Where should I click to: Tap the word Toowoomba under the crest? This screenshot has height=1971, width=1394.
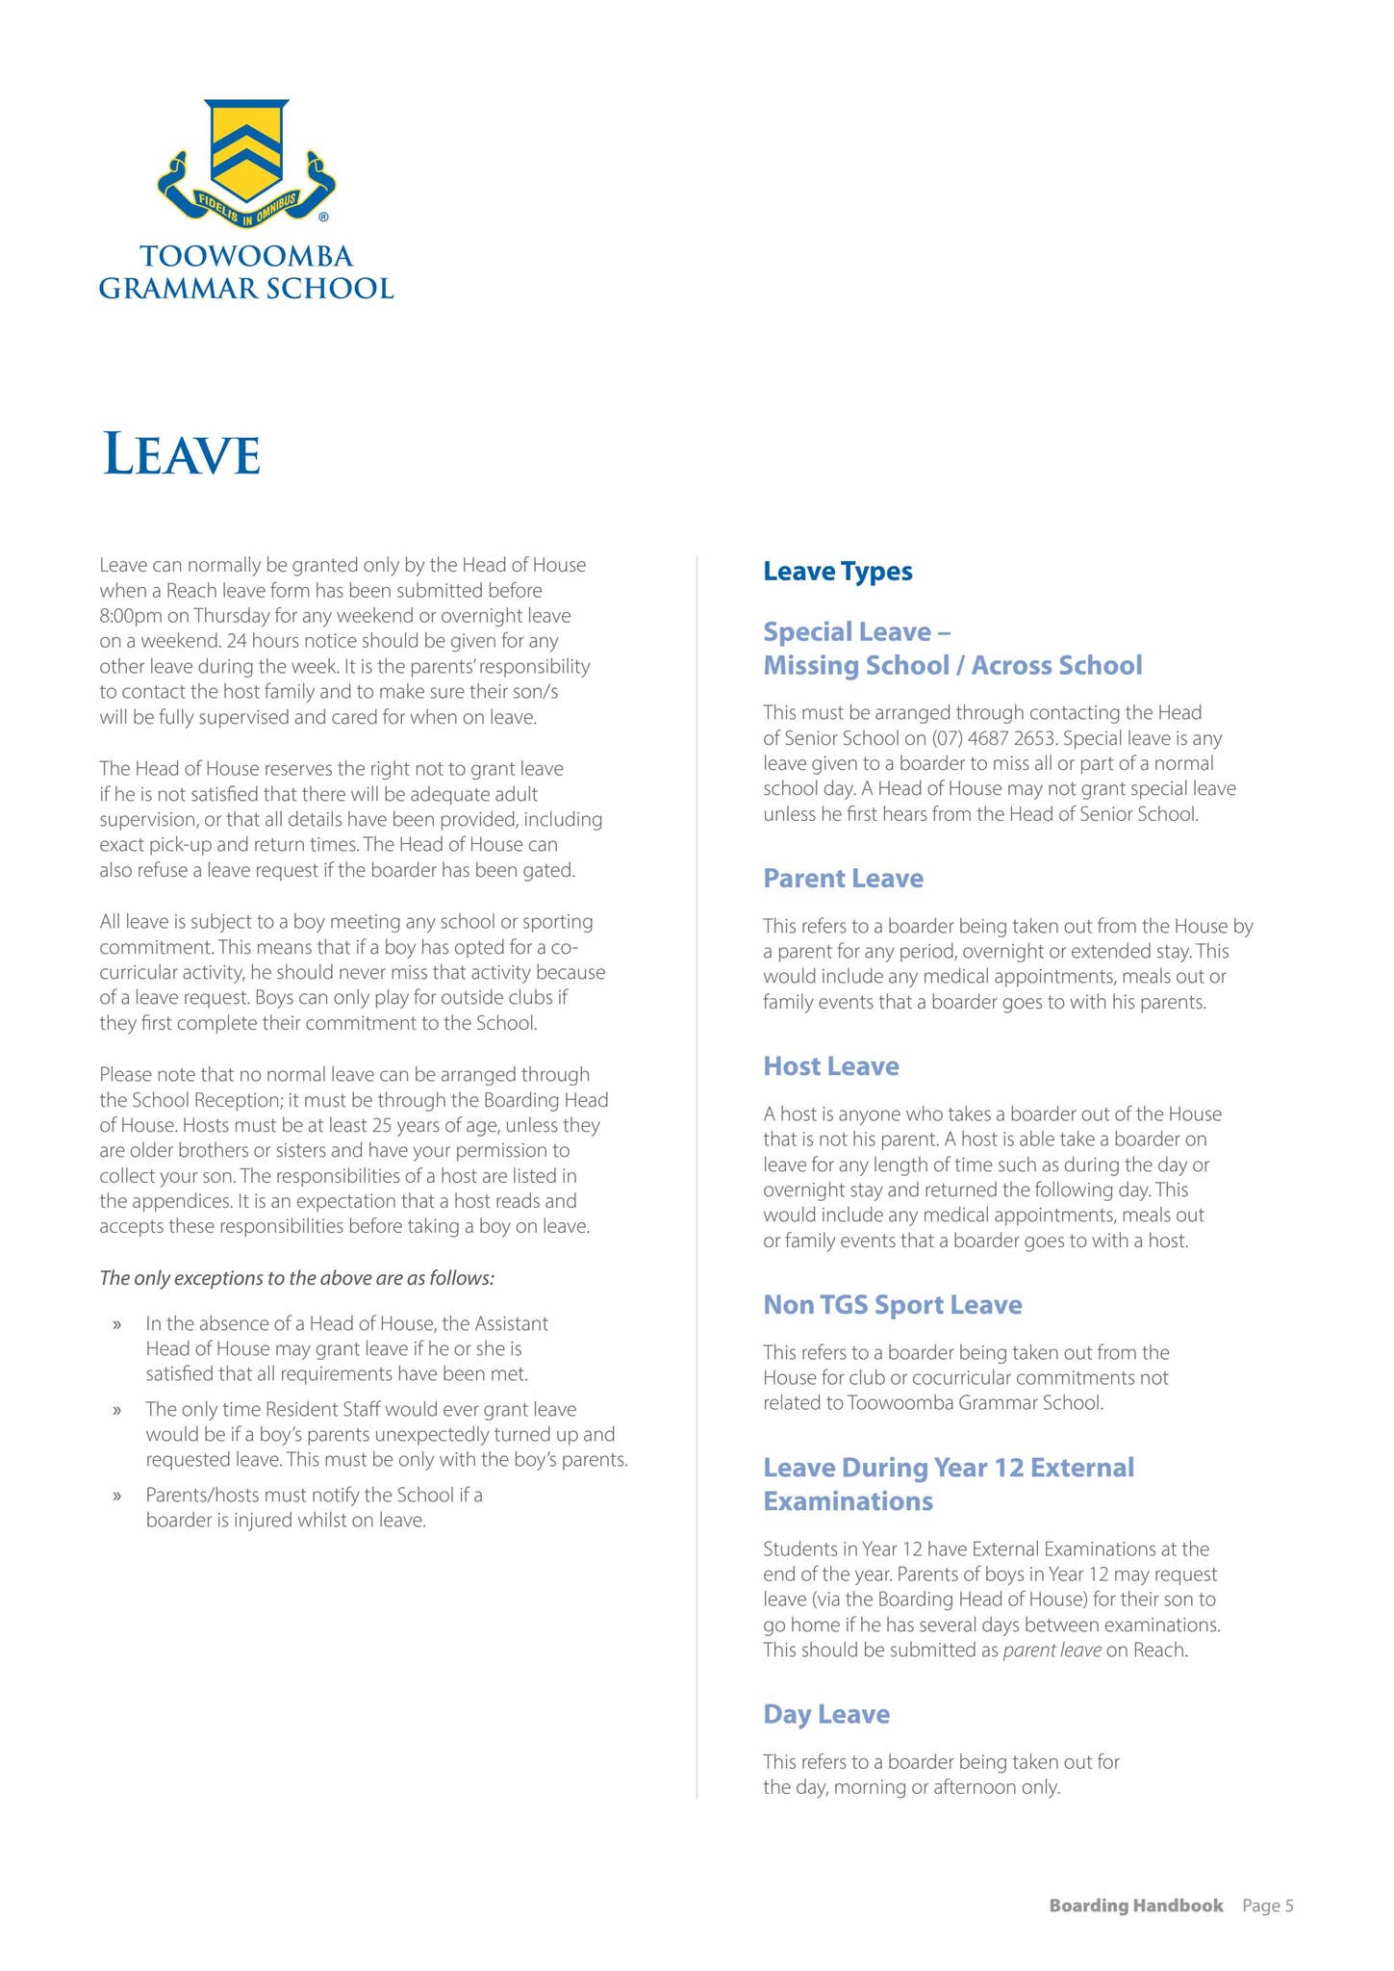(246, 257)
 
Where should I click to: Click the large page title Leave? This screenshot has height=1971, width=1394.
(182, 454)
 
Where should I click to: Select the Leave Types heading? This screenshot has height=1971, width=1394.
(837, 572)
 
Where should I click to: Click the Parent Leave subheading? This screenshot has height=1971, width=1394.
(843, 878)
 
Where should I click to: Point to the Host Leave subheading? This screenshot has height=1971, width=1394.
(830, 1065)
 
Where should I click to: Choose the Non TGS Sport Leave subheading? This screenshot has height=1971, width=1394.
(892, 1304)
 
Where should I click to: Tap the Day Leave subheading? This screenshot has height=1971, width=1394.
(825, 1713)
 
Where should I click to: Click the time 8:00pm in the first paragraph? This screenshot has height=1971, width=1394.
(130, 615)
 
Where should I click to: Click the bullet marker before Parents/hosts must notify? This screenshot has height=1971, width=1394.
(117, 1496)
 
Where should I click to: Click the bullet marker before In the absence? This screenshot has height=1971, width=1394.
(117, 1324)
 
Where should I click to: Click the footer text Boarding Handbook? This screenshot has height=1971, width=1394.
(1135, 1906)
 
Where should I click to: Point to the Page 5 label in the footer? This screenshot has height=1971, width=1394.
(1267, 1906)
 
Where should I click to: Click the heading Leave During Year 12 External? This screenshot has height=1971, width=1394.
(948, 1467)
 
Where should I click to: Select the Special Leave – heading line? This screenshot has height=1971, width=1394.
(856, 631)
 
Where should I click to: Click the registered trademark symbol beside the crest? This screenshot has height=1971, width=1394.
(323, 218)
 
